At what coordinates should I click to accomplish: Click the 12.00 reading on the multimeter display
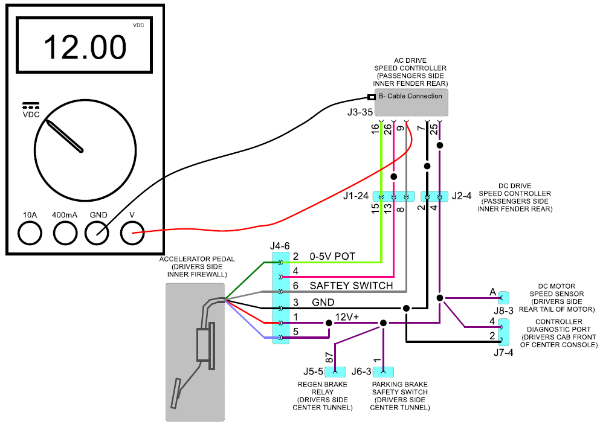[x=85, y=48]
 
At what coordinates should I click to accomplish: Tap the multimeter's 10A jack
[x=30, y=233]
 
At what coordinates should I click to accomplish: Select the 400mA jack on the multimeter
[x=65, y=233]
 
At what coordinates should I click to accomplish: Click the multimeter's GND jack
[x=97, y=233]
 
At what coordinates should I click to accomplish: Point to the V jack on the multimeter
[x=132, y=233]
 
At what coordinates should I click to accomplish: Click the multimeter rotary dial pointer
[x=64, y=136]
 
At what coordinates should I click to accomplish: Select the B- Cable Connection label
[x=410, y=96]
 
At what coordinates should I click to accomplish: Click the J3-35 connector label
[x=360, y=112]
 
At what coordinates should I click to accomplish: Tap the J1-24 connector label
[x=356, y=196]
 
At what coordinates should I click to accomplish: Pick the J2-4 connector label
[x=462, y=196]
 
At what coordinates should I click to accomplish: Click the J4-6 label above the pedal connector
[x=280, y=246]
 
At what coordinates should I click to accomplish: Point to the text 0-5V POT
[x=332, y=256]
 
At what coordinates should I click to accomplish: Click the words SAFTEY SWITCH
[x=351, y=286]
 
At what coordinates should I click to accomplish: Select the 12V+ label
[x=347, y=317]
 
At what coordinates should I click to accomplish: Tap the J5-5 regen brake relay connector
[x=335, y=371]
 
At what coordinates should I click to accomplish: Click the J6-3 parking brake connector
[x=383, y=371]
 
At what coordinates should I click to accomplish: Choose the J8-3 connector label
[x=503, y=310]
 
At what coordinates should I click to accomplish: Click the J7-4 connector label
[x=503, y=352]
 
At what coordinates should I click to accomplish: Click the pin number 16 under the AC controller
[x=375, y=129]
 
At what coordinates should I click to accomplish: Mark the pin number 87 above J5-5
[x=329, y=358]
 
